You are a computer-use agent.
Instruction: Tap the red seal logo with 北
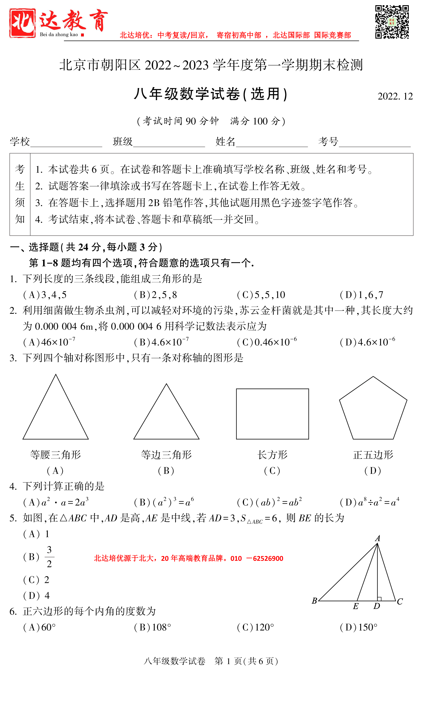pos(22,23)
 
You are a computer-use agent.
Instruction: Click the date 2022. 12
pos(395,96)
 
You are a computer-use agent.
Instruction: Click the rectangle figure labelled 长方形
pos(272,414)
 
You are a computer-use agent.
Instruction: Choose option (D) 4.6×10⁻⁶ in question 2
pos(367,342)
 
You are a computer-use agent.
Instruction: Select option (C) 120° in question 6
pos(255,627)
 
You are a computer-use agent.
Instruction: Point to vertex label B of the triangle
pos(314,601)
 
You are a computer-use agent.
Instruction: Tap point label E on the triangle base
pos(356,606)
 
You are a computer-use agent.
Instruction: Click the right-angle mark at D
pos(379,599)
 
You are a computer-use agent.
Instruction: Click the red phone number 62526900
pos(268,559)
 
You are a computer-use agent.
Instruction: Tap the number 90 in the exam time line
pos(191,121)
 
